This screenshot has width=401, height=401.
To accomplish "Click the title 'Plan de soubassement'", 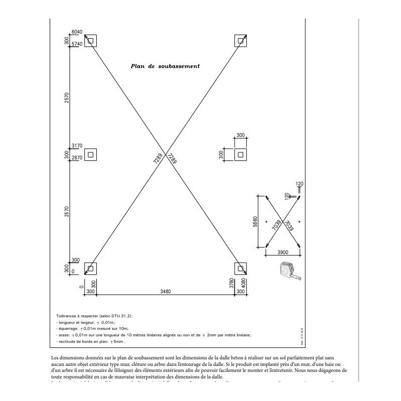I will click(x=165, y=66).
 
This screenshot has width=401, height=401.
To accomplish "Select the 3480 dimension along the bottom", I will click(x=162, y=291).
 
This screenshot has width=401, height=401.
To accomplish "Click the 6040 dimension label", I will click(x=77, y=32).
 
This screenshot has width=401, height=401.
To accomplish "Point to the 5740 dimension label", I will click(x=77, y=44).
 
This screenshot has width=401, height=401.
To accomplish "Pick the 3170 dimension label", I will click(x=77, y=146).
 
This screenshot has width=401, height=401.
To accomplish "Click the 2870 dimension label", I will click(x=77, y=158).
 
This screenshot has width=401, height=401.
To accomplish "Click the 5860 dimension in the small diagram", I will click(x=255, y=221).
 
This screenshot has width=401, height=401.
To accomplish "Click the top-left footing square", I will click(x=90, y=40).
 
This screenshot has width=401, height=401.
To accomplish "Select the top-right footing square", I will click(x=241, y=40).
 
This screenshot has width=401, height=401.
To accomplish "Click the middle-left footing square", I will click(x=90, y=154).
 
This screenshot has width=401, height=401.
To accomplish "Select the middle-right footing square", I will click(x=241, y=154).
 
